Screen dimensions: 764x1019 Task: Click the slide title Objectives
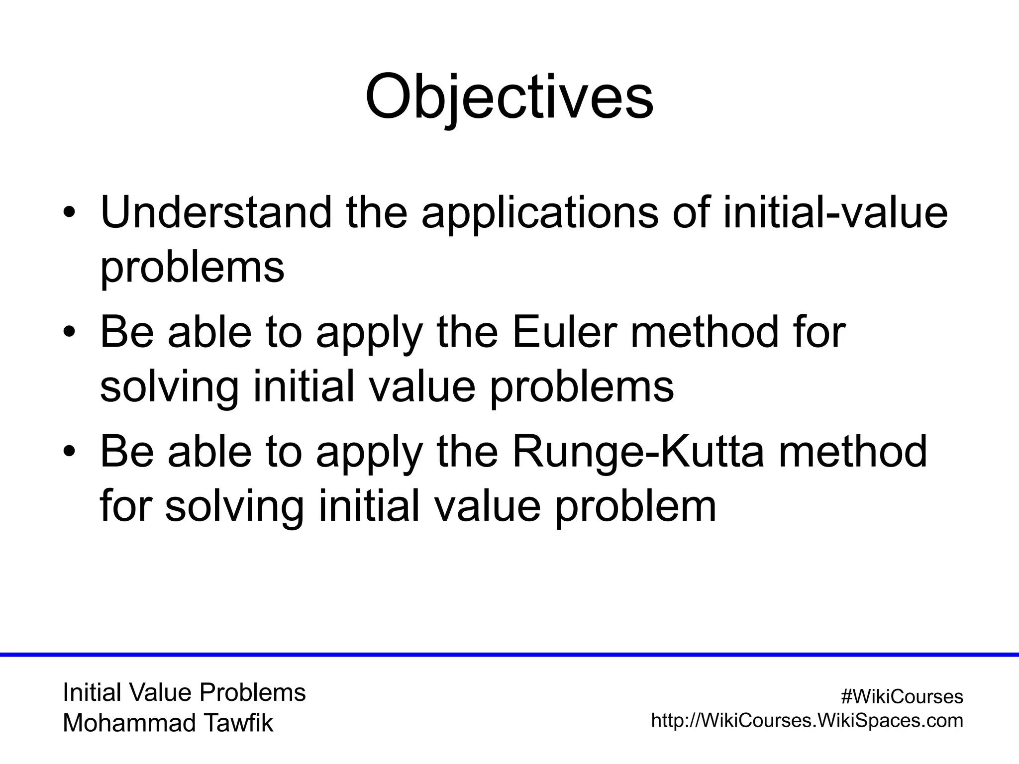tap(509, 97)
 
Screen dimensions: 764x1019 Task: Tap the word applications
tap(539, 213)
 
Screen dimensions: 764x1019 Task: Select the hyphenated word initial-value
tap(835, 213)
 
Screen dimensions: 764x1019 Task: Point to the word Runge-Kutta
tap(637, 452)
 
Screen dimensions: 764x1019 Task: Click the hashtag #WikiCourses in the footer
tap(902, 697)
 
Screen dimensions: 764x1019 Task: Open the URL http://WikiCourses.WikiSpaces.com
tap(807, 720)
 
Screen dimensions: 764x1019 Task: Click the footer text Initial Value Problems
tap(184, 693)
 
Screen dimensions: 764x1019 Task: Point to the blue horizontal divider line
tap(509, 655)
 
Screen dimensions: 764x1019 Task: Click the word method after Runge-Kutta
tap(852, 452)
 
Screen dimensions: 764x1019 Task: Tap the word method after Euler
tap(704, 332)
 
